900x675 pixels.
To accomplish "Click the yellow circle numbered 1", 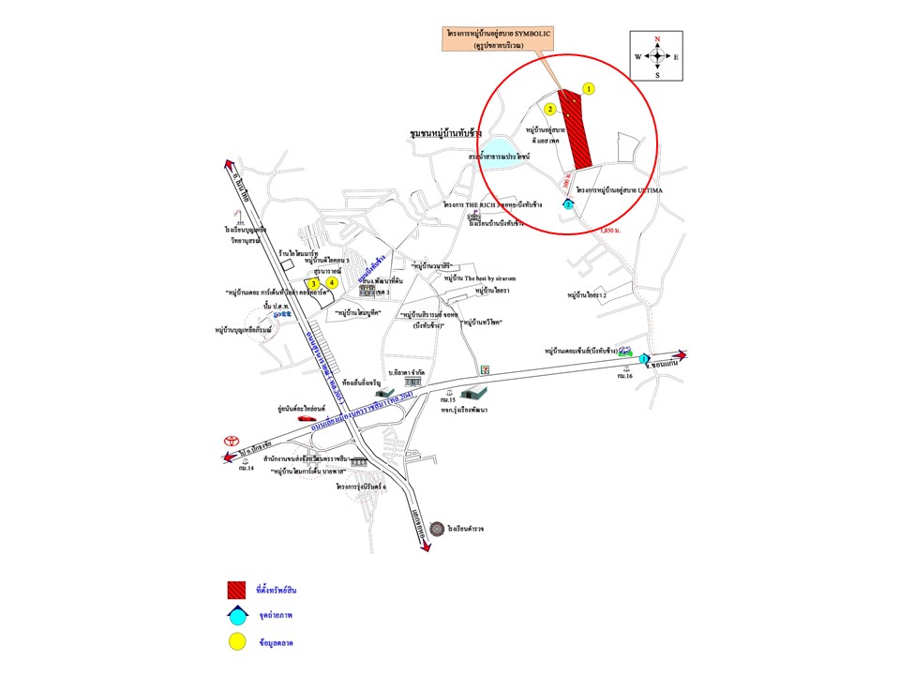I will (x=589, y=89).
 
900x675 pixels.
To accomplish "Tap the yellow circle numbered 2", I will (x=551, y=110).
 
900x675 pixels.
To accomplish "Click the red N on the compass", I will (x=657, y=38).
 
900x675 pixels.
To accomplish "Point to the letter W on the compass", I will (x=637, y=57).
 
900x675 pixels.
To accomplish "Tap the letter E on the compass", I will (x=676, y=57).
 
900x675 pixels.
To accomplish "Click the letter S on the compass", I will (x=657, y=75).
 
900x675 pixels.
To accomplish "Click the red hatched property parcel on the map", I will (x=577, y=131).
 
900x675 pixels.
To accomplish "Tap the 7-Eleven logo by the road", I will (x=484, y=371).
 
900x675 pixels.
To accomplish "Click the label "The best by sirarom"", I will (x=481, y=278).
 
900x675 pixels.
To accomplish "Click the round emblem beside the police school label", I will (x=437, y=529).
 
